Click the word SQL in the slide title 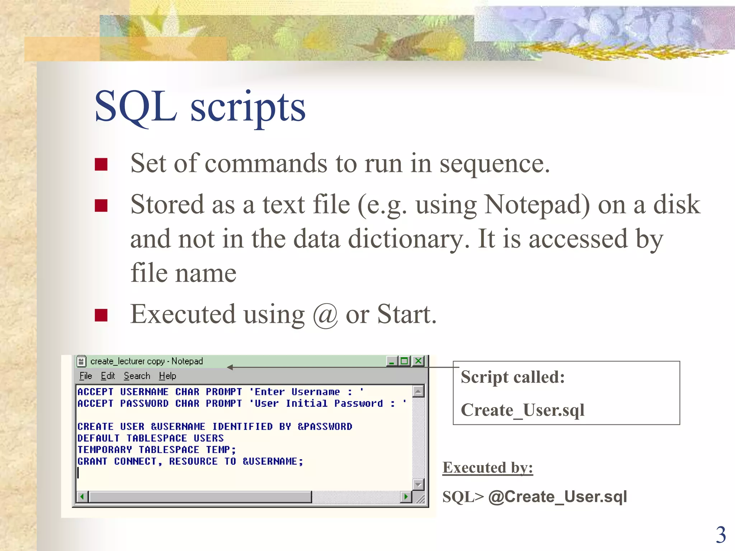tap(136, 107)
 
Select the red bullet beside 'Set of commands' tap(101, 164)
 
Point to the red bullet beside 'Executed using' tap(101, 315)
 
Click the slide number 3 tap(721, 535)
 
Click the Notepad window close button tap(418, 361)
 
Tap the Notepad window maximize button tap(405, 361)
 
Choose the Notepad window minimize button tap(392, 361)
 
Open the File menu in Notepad tap(86, 376)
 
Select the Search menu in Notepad tap(137, 376)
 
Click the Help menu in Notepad tap(168, 376)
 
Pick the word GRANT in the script tap(92, 461)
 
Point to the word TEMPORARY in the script tap(104, 450)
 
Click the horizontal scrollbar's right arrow tap(406, 497)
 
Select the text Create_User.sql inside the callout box tap(523, 410)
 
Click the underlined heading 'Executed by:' tap(488, 468)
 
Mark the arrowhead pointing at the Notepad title tap(230, 367)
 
